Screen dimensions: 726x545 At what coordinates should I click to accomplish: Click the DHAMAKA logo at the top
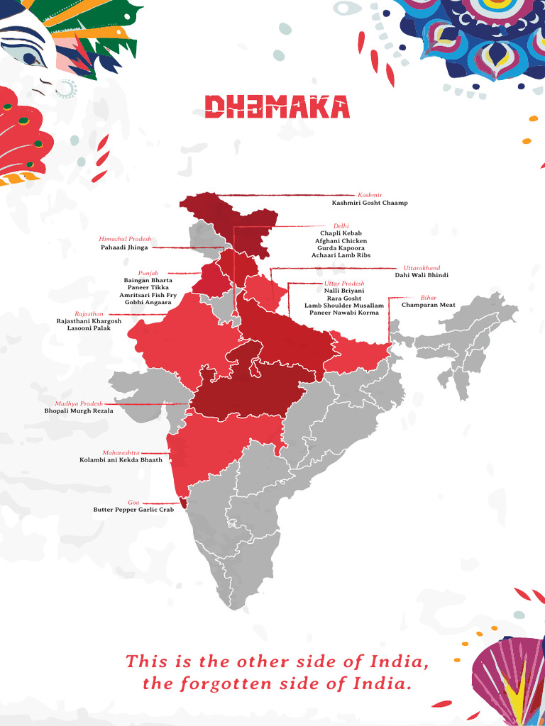pos(277,107)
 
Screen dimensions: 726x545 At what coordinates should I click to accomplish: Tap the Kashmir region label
pos(370,194)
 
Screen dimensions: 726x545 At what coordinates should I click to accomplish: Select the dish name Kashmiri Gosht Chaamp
pos(370,203)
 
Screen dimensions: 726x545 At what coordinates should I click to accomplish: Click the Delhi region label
pos(341,225)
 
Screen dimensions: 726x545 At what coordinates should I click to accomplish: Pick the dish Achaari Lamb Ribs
pos(341,255)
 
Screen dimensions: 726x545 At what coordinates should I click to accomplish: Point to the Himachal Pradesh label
pos(125,240)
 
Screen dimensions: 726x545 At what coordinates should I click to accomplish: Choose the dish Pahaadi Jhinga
pos(124,248)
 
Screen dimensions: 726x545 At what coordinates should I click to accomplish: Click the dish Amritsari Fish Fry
pos(148,295)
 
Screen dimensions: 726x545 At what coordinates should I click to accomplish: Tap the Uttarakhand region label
pos(422,267)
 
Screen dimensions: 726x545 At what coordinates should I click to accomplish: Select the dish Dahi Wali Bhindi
pos(422,276)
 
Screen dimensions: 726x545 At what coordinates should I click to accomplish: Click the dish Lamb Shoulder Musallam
pos(344,306)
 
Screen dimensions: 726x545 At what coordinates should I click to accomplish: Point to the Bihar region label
pos(429,298)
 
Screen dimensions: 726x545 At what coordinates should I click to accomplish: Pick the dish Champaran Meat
pos(429,306)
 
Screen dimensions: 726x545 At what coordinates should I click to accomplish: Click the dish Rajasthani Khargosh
pos(89,321)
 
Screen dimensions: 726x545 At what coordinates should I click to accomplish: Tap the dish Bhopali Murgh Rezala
pos(78,411)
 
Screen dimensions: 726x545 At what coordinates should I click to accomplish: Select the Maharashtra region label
pos(121,452)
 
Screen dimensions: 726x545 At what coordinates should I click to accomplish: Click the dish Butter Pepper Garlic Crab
pos(133,510)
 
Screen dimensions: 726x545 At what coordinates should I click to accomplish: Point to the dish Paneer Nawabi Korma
pos(344,313)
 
